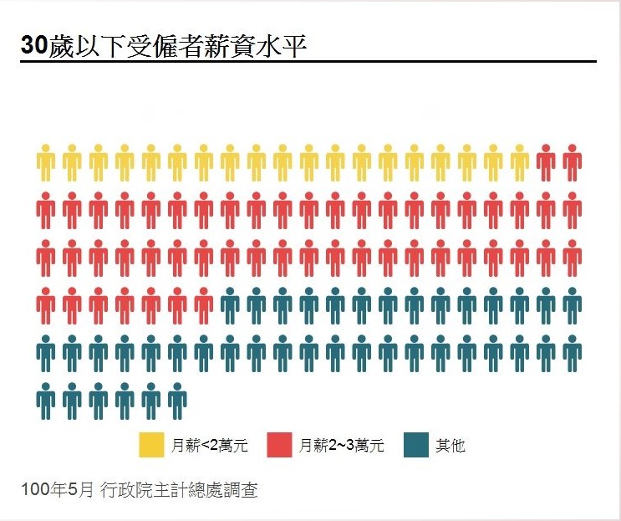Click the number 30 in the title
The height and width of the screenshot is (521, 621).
click(34, 47)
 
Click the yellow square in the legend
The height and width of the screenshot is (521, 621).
click(151, 445)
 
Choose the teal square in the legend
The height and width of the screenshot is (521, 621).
click(415, 445)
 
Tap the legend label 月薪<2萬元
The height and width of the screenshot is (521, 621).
click(210, 446)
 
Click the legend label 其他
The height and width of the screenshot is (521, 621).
click(450, 446)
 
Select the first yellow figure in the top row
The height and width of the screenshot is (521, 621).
click(46, 162)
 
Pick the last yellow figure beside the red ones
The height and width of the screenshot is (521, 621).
click(520, 162)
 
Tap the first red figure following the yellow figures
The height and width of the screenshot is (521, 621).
click(546, 162)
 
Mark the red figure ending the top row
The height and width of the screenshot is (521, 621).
click(572, 162)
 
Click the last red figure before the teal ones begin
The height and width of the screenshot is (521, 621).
click(204, 306)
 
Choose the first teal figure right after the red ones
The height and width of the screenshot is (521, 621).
click(230, 306)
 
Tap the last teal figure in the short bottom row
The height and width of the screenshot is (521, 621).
click(177, 401)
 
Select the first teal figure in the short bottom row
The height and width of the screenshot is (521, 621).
click(46, 401)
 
